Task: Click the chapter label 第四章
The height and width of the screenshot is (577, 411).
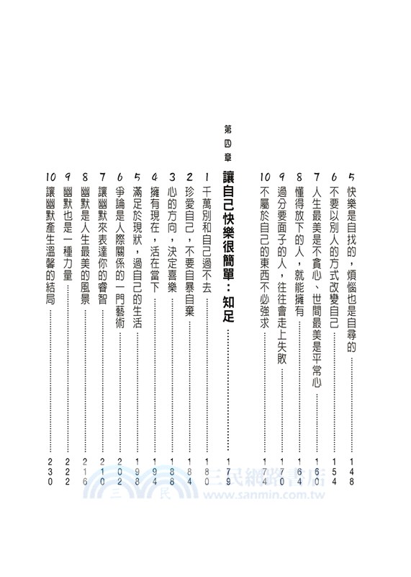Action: (x=228, y=142)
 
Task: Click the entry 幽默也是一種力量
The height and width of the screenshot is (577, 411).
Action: (x=68, y=216)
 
